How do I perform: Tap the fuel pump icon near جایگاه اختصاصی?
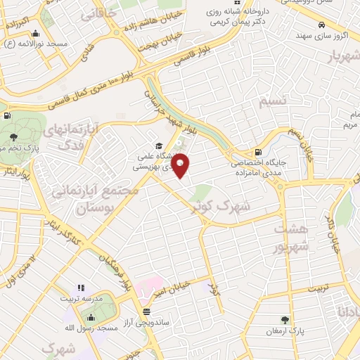[x=258, y=152]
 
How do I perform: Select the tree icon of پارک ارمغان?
[x=285, y=320]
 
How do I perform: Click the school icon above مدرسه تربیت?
[x=82, y=288]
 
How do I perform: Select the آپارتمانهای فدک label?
[x=72, y=136]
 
